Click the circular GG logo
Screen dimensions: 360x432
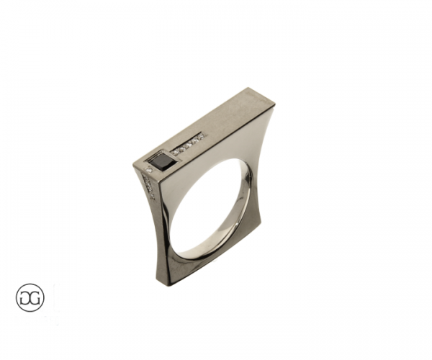pyautogui.click(x=30, y=297)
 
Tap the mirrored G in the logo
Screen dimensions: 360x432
pyautogui.click(x=25, y=297)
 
